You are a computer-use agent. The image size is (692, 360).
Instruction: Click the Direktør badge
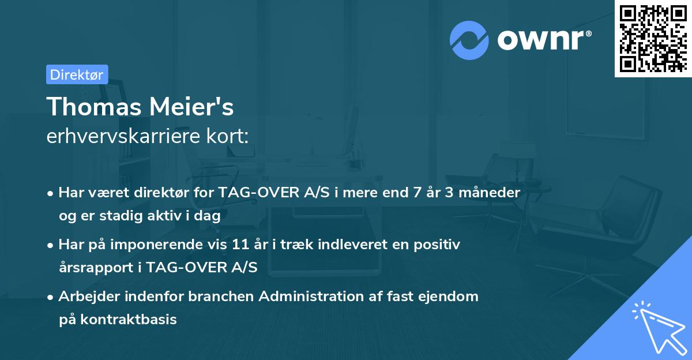(77, 74)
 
